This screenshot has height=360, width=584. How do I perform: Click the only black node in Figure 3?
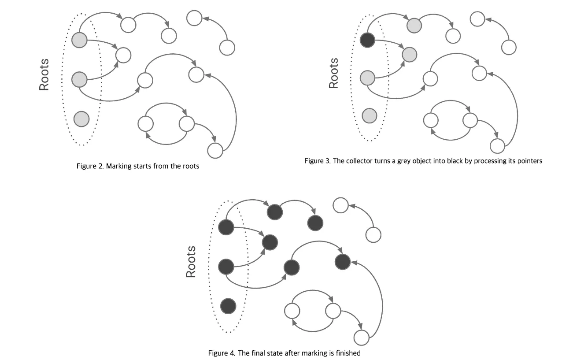367,40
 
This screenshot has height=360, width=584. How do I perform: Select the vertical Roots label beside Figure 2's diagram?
44,74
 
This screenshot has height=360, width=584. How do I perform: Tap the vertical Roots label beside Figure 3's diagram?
334,73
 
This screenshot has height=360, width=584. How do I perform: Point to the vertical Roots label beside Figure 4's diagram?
191,262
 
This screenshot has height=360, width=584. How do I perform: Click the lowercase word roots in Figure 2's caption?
190,167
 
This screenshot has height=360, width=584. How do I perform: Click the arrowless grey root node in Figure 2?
81,119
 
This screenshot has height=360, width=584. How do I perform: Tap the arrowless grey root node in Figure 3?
370,116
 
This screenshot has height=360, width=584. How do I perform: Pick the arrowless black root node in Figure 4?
228,305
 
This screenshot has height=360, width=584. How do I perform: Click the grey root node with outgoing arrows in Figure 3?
367,78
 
